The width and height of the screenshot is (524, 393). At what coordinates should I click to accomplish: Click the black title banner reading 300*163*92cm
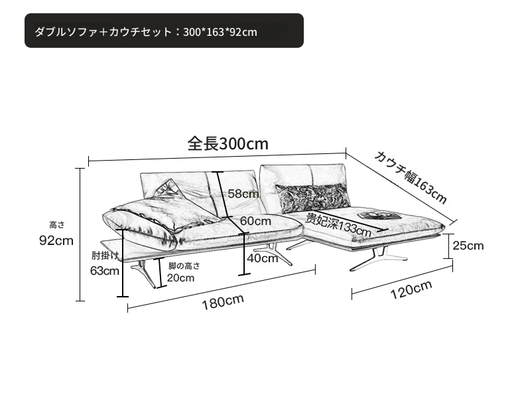(164, 31)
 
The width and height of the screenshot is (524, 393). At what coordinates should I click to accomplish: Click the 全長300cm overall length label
(228, 143)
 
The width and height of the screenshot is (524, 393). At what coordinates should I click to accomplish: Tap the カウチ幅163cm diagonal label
(411, 177)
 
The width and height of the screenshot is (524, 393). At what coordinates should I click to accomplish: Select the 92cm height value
(56, 240)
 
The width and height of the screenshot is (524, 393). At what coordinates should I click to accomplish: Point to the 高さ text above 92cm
(57, 225)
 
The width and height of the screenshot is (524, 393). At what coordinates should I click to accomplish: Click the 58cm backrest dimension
(243, 194)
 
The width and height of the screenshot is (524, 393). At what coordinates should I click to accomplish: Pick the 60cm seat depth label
(255, 221)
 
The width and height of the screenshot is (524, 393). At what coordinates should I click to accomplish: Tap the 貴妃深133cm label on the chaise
(338, 224)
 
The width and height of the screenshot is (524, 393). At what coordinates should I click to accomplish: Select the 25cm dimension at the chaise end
(468, 246)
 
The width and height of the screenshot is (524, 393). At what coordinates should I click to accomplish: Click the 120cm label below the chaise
(411, 289)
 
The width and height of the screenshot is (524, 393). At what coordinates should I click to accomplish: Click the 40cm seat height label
(263, 258)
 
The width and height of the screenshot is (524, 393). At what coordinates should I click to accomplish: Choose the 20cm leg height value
(180, 277)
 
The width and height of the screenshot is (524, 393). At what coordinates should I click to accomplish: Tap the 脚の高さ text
(184, 266)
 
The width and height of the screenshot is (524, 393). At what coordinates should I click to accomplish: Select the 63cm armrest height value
(105, 271)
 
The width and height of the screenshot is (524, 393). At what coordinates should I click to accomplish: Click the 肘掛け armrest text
(105, 256)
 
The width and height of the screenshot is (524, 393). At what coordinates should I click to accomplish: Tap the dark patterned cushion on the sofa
(312, 198)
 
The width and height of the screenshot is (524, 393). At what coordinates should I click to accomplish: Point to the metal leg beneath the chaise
(377, 258)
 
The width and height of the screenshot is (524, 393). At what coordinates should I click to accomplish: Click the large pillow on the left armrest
(144, 221)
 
